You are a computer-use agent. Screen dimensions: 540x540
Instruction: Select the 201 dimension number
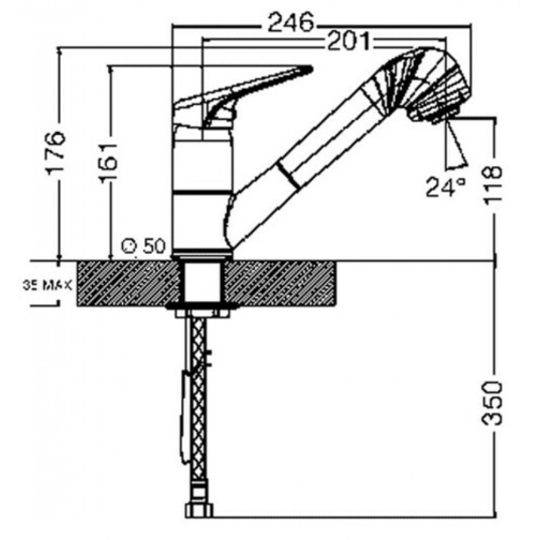pos(348,41)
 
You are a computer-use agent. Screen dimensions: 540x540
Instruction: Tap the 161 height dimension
pos(108,161)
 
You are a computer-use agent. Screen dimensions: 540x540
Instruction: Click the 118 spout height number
pos(493,185)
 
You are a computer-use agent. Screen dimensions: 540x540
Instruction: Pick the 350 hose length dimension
pos(493,403)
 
